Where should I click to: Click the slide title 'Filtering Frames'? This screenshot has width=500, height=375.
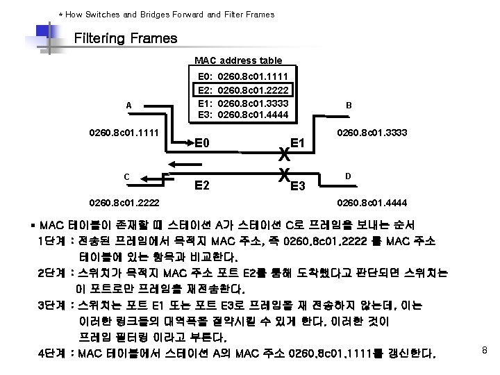(x=125, y=38)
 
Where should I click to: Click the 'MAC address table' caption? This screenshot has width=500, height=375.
(x=237, y=61)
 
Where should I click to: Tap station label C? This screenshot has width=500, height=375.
(x=128, y=176)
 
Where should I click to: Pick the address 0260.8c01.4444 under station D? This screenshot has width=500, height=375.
(x=372, y=203)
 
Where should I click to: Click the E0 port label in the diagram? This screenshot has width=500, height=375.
(x=203, y=144)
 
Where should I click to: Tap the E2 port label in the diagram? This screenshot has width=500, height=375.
(x=203, y=185)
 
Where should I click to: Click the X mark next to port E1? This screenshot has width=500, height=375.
(x=283, y=153)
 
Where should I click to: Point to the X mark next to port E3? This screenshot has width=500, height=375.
(x=283, y=175)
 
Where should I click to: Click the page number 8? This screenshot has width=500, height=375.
(x=485, y=351)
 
